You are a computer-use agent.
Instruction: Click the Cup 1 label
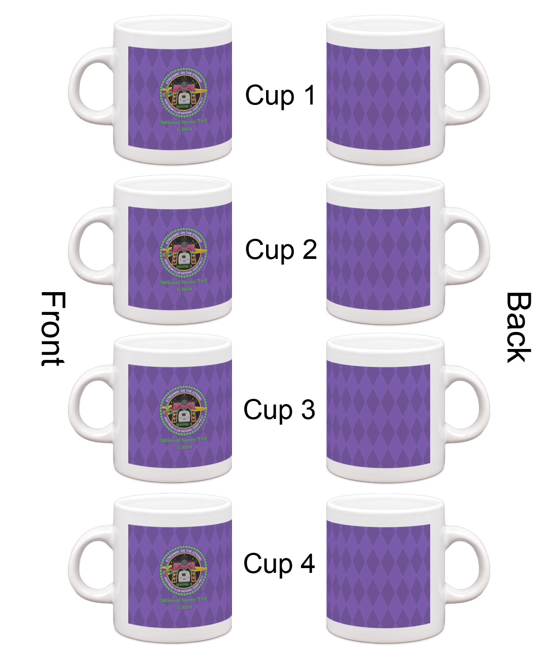coord(280,95)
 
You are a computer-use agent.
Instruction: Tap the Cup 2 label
coord(281,250)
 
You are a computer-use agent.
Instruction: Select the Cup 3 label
coord(279,410)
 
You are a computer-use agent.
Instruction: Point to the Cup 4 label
coord(279,563)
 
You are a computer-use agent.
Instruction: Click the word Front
coord(53,329)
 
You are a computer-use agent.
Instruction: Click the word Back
coord(519,328)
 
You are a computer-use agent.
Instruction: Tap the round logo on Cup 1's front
coord(183,92)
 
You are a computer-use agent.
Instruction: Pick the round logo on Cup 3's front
coord(183,411)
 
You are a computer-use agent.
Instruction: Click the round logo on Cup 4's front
coord(183,571)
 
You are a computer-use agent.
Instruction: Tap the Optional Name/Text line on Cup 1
coord(183,122)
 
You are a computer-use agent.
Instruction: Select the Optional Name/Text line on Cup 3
coord(183,440)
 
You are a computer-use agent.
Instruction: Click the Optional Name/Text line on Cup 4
coord(183,600)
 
